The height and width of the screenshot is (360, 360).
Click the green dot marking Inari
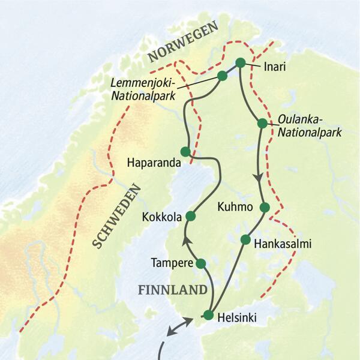241,62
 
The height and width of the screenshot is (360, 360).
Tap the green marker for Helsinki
208,314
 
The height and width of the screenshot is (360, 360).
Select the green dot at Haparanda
185,151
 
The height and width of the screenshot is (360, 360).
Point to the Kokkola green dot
191,215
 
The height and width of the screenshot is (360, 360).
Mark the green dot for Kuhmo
265,208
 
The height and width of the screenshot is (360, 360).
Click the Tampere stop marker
201,263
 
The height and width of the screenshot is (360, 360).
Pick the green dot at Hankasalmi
245,239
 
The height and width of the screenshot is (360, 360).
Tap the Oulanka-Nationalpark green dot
262,123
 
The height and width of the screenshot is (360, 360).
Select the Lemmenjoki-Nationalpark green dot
222,76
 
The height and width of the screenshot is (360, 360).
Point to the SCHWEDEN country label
116,216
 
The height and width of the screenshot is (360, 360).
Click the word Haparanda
152,163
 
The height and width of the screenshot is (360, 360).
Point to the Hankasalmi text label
283,244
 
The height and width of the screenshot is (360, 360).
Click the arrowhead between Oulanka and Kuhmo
259,177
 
